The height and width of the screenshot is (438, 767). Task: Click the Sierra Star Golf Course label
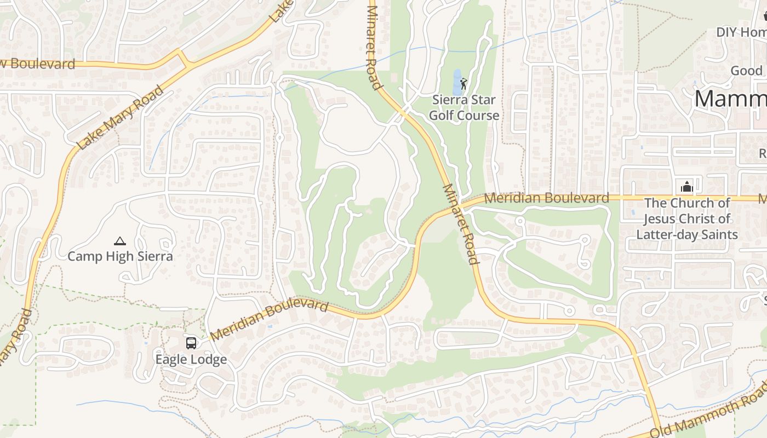click(464, 108)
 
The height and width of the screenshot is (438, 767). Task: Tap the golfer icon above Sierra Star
click(464, 84)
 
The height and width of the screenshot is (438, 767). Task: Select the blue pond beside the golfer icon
click(456, 83)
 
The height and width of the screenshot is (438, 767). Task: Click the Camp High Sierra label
click(120, 256)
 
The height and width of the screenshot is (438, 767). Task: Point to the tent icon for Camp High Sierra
click(120, 240)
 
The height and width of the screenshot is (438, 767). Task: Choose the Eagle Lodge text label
click(191, 360)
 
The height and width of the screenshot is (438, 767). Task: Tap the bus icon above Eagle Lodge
click(191, 343)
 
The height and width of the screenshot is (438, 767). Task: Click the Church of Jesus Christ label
click(687, 218)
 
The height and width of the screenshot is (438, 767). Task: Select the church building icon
click(687, 187)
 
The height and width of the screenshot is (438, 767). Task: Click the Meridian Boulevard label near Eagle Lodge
click(269, 319)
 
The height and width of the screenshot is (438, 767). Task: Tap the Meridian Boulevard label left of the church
click(547, 198)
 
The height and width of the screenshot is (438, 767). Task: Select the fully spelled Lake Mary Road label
click(121, 118)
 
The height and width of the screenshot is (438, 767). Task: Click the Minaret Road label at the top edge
click(373, 47)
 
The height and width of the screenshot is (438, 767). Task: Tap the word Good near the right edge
click(747, 71)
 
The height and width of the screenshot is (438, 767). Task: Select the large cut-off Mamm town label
click(731, 99)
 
